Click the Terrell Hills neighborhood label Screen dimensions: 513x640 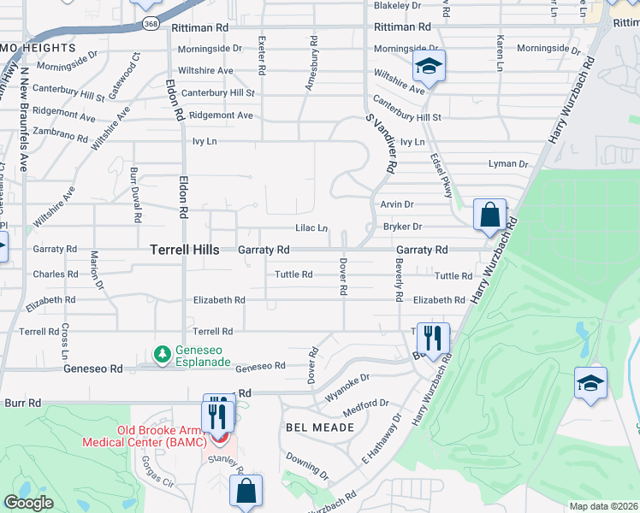[x=185, y=250]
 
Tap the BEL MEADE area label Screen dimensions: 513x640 [x=318, y=427]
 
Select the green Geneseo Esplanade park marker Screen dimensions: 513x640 [x=162, y=353]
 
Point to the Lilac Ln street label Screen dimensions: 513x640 [x=311, y=228]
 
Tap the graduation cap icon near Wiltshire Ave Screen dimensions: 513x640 [x=429, y=65]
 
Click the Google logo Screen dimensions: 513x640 [x=28, y=503]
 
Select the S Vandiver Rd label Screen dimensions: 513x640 [x=379, y=144]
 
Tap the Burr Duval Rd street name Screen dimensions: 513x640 [x=135, y=196]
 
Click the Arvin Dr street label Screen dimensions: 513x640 [x=397, y=204]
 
